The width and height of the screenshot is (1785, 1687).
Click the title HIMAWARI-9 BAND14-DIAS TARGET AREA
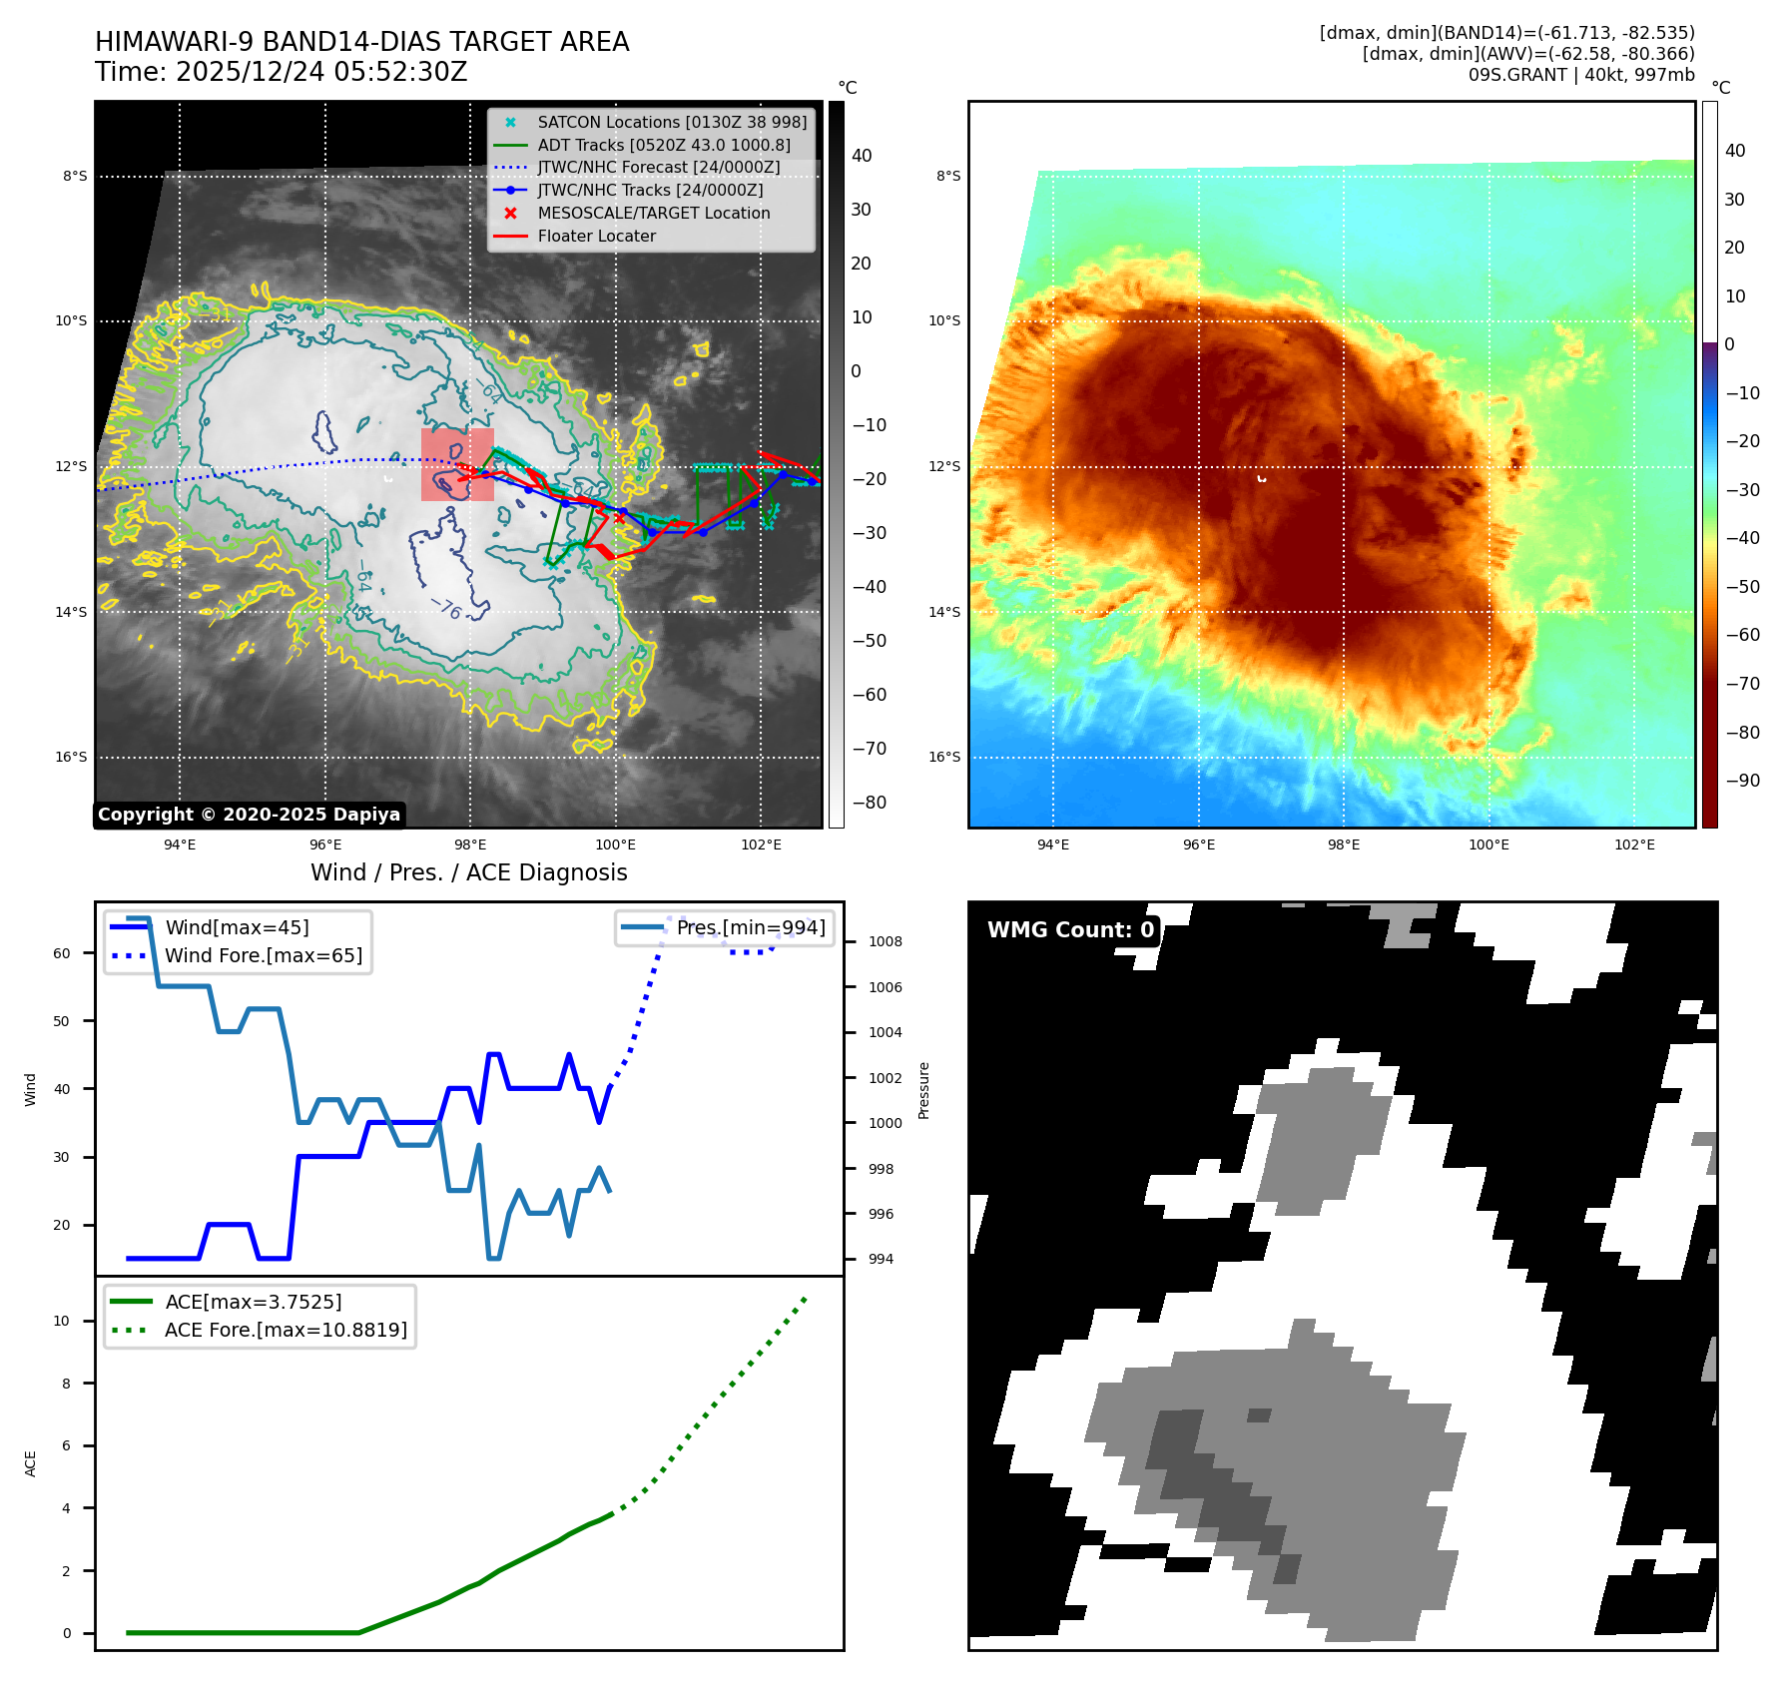(x=361, y=42)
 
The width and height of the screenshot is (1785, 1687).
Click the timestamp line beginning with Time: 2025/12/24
(x=281, y=72)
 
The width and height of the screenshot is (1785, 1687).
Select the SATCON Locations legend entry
(x=671, y=122)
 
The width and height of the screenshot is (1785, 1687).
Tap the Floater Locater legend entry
(x=596, y=237)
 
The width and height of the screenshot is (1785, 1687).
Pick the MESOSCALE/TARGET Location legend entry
(x=653, y=214)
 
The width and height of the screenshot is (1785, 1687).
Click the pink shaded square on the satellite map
(x=457, y=464)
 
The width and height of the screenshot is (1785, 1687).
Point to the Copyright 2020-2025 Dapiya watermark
(x=249, y=815)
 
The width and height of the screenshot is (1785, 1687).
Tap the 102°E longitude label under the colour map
(x=1634, y=844)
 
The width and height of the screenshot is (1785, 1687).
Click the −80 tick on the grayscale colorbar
(x=869, y=803)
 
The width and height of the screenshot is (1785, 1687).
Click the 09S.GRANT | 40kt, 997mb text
(x=1580, y=75)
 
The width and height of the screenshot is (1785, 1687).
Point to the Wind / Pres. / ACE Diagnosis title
(x=468, y=872)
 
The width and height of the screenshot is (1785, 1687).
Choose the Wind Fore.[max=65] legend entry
(x=264, y=955)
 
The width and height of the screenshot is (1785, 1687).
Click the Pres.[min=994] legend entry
(x=750, y=927)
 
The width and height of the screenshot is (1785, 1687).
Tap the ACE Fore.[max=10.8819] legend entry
(x=286, y=1330)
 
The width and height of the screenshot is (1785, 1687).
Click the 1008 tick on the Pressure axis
(x=885, y=941)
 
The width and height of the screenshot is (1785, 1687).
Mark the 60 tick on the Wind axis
(x=62, y=953)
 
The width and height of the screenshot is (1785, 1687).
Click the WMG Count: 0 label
(x=1070, y=930)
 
